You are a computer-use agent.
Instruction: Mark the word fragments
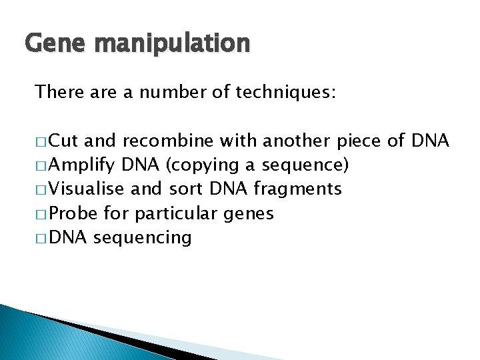point(298,189)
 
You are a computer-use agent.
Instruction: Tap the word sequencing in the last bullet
point(143,237)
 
